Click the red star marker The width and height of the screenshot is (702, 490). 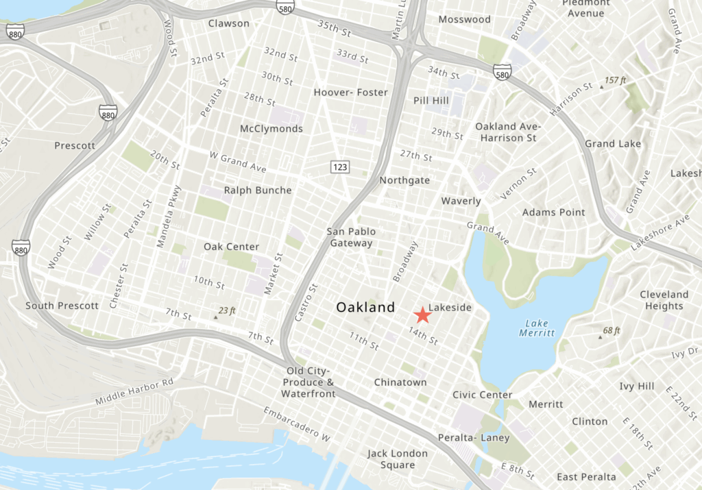click(x=423, y=315)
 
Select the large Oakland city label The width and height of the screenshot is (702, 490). click(x=365, y=308)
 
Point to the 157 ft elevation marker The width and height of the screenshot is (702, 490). click(x=612, y=81)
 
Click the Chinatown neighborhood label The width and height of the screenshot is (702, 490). click(x=400, y=382)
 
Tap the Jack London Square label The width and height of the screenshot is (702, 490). click(x=397, y=459)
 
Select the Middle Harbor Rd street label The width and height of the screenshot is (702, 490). click(x=135, y=391)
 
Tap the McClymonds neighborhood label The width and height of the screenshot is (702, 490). click(x=271, y=129)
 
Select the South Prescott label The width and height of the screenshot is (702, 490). click(x=62, y=305)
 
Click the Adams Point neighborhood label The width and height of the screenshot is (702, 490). click(x=554, y=212)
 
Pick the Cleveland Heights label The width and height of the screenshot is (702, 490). click(x=664, y=300)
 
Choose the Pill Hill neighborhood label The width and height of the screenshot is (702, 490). click(x=430, y=101)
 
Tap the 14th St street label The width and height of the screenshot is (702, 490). click(x=422, y=335)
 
